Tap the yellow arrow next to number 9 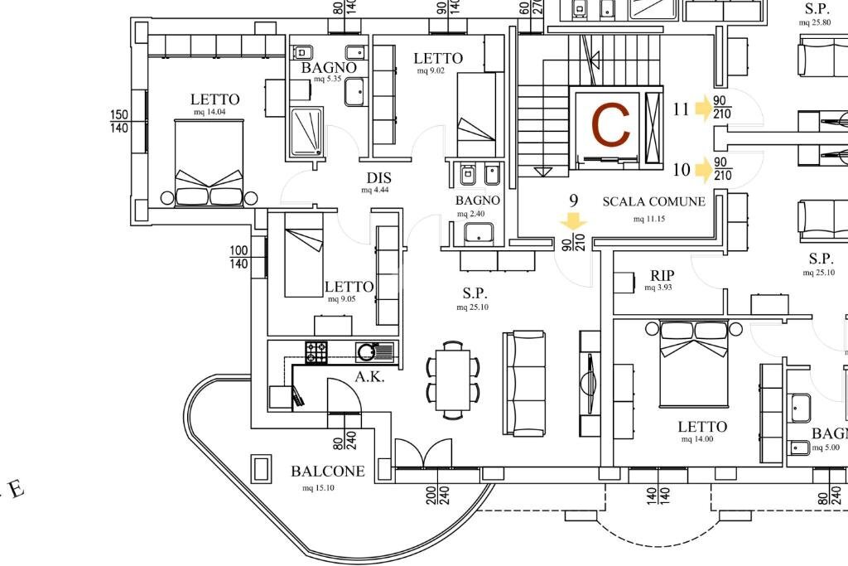click(573, 221)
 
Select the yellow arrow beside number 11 click(704, 109)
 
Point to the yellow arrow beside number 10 click(704, 170)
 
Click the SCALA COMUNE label click(653, 201)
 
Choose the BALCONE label click(327, 472)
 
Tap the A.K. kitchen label click(369, 376)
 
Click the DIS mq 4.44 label click(378, 178)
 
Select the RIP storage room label click(662, 276)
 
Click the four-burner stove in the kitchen click(316, 352)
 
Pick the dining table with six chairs click(453, 380)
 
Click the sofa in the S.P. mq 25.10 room click(524, 383)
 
